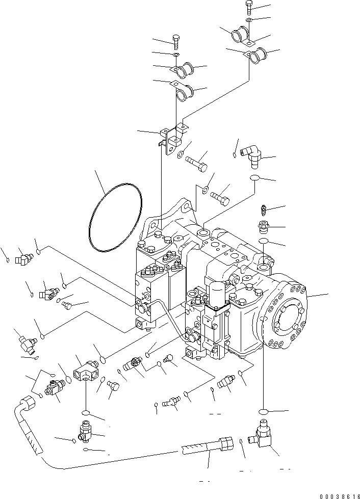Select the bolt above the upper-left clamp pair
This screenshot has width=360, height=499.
point(175,41)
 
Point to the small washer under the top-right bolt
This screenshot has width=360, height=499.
point(248,19)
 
